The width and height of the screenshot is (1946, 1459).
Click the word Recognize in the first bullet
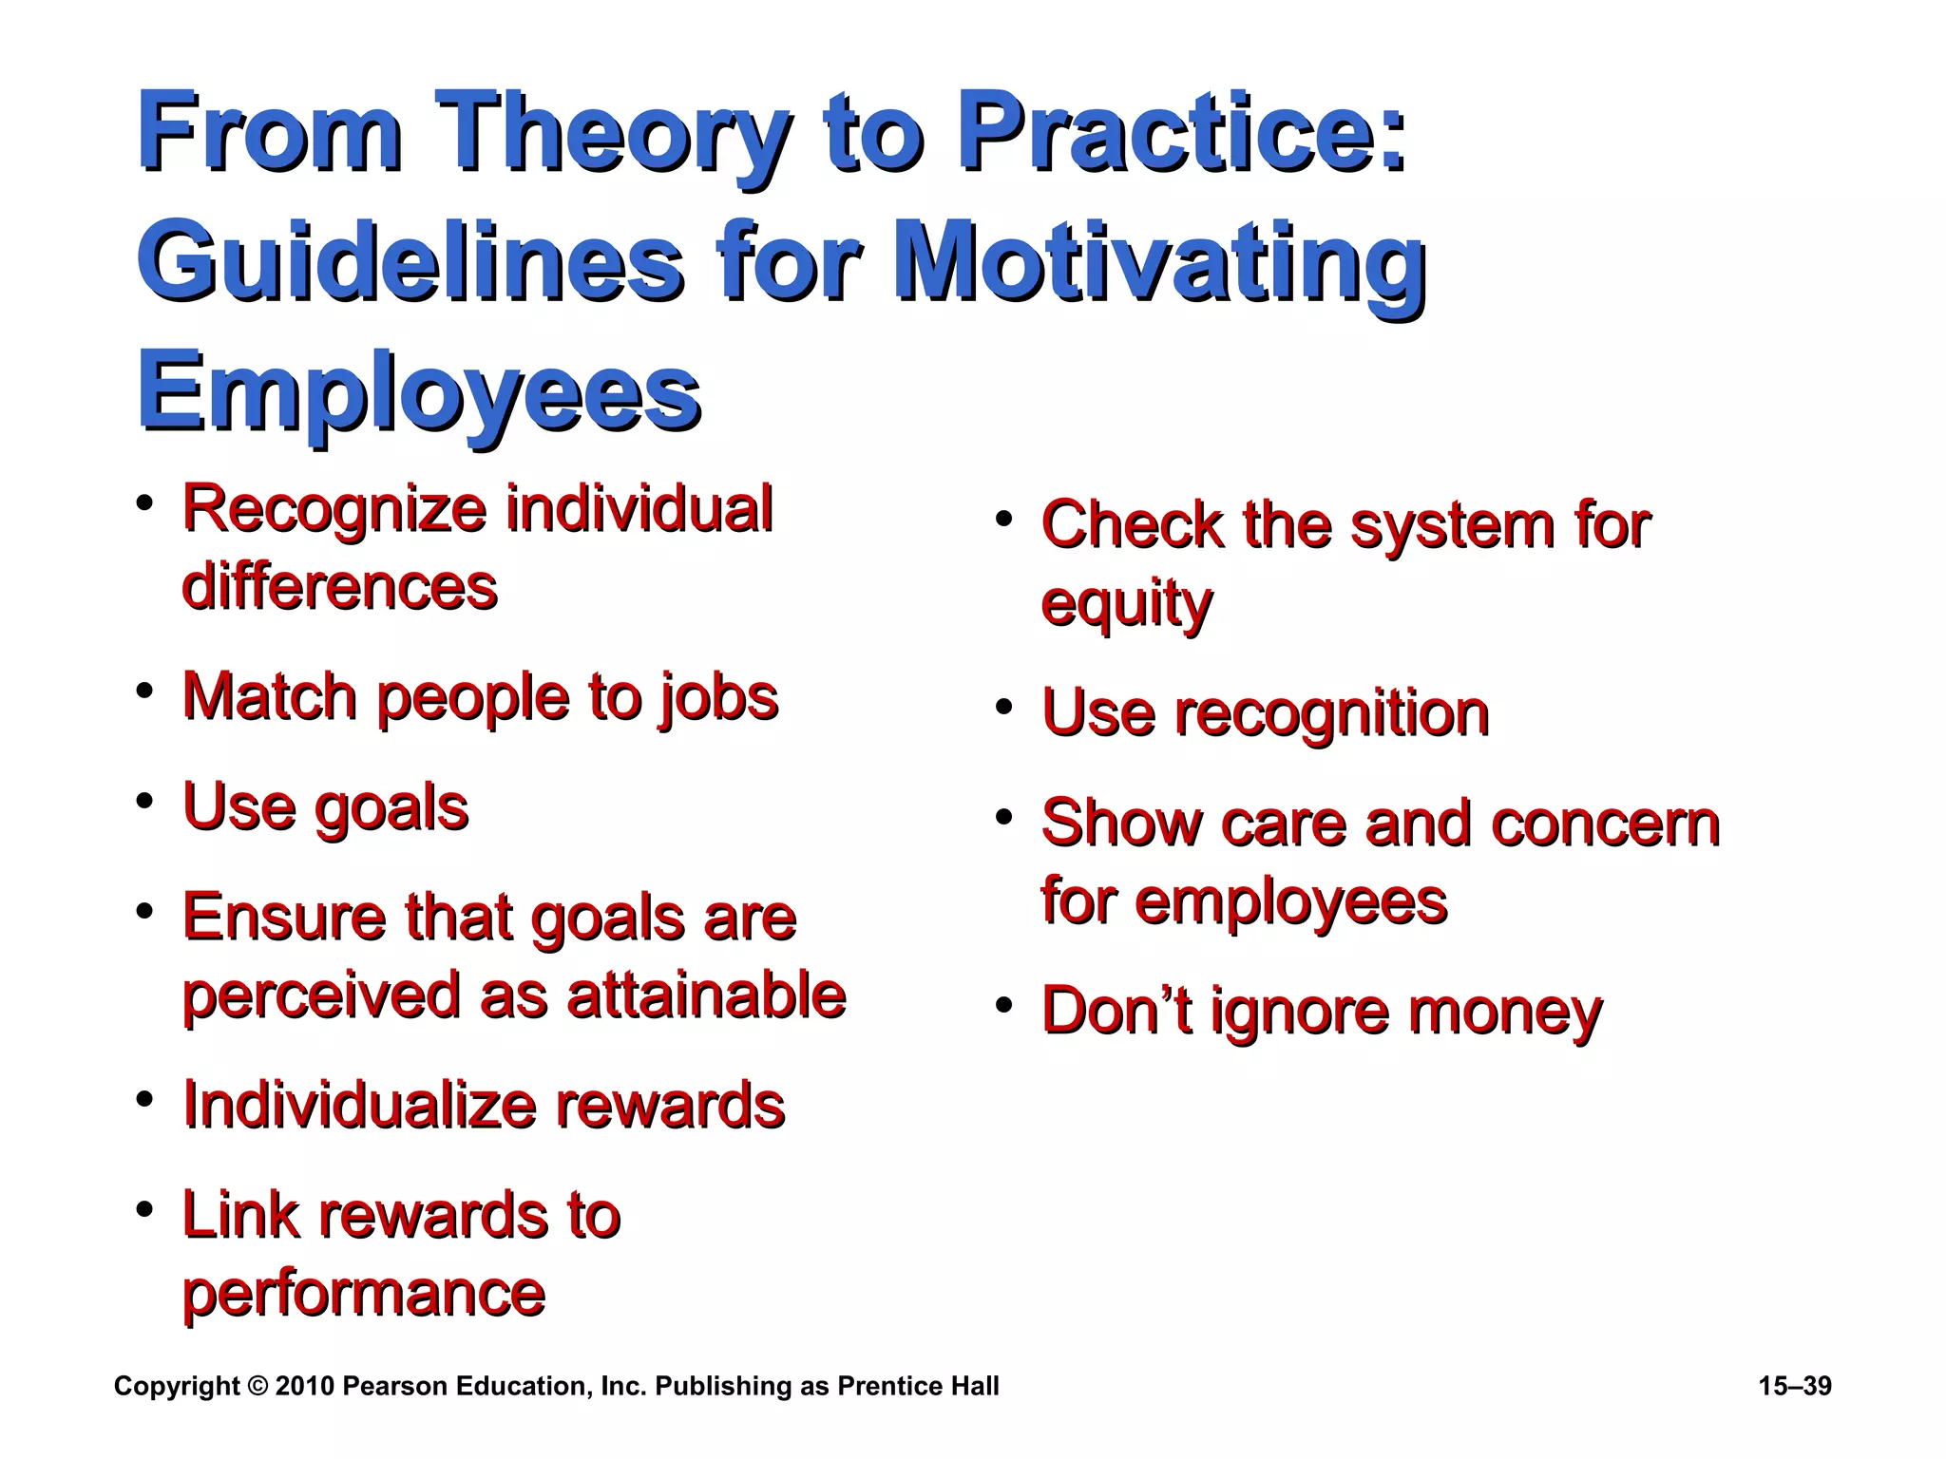[x=334, y=509]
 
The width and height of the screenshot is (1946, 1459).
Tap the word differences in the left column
[x=339, y=586]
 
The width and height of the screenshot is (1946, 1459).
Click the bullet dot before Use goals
[x=144, y=801]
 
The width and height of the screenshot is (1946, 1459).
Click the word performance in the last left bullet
[x=363, y=1294]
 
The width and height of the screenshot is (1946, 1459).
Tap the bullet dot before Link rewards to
[x=144, y=1210]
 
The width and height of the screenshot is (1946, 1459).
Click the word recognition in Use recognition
[x=1332, y=714]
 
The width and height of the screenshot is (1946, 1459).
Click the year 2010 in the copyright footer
[x=304, y=1386]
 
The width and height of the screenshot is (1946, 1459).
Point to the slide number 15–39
[x=1794, y=1386]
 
